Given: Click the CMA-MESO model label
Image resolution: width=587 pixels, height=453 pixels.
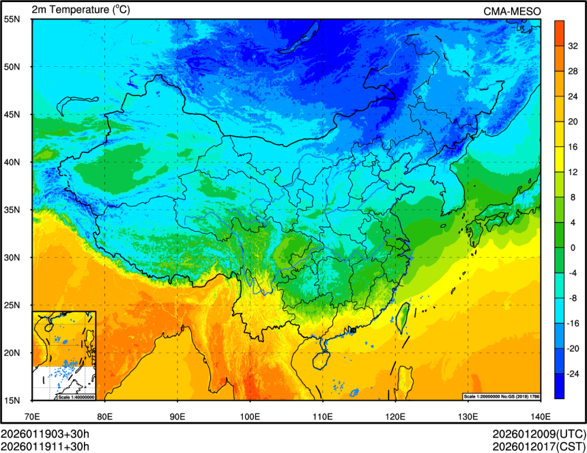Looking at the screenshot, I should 512,10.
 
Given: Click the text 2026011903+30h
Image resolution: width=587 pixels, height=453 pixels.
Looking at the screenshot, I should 45,434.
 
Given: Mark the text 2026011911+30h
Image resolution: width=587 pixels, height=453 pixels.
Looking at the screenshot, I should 45,446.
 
